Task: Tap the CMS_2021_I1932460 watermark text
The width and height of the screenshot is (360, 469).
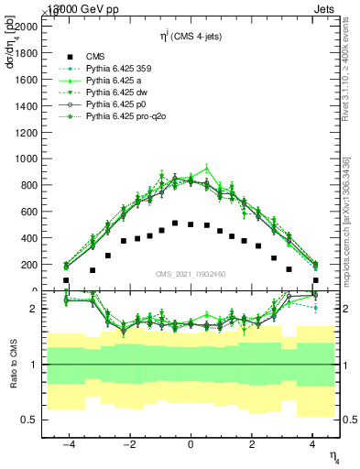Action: [x=190, y=275]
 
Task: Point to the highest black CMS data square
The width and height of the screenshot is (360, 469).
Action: [x=175, y=223]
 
